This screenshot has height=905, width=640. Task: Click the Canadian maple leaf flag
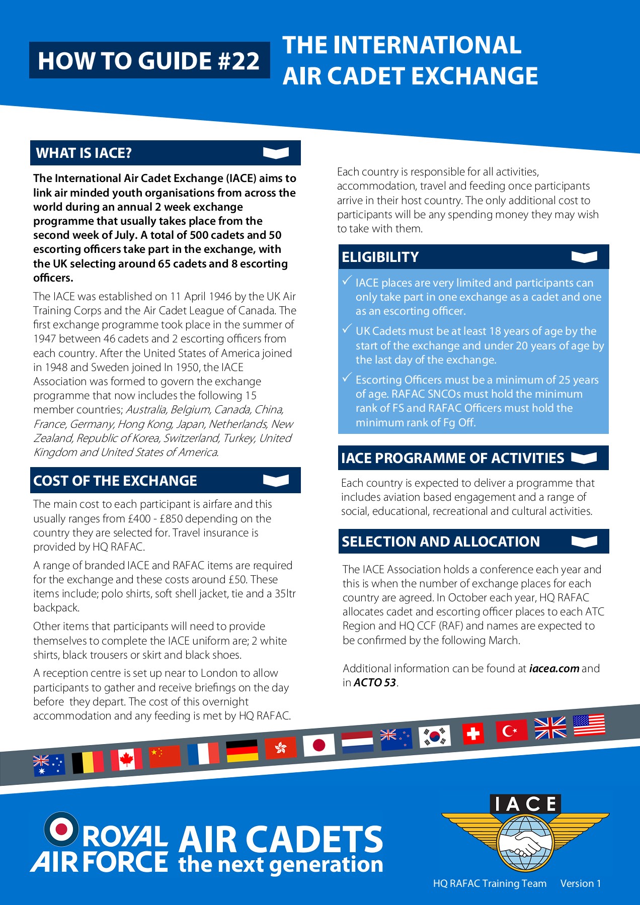126,760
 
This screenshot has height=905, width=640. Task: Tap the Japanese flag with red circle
318,745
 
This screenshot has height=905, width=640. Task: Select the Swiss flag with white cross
473,734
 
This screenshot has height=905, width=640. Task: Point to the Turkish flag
511,731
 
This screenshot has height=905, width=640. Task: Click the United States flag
589,725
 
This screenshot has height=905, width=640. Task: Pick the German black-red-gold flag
242,751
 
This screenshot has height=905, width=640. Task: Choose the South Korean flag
434,737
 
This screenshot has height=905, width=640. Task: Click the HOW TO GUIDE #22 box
149,61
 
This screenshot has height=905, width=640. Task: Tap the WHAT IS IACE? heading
84,153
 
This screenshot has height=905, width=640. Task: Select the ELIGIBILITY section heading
380,257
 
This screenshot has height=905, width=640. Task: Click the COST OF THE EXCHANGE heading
115,481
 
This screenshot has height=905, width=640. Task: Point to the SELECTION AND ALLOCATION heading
440,541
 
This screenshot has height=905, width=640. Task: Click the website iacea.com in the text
554,669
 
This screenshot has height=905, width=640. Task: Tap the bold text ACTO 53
375,683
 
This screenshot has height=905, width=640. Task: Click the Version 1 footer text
580,883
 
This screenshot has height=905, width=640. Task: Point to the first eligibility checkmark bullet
347,281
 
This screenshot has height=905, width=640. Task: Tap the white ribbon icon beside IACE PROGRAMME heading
584,458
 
